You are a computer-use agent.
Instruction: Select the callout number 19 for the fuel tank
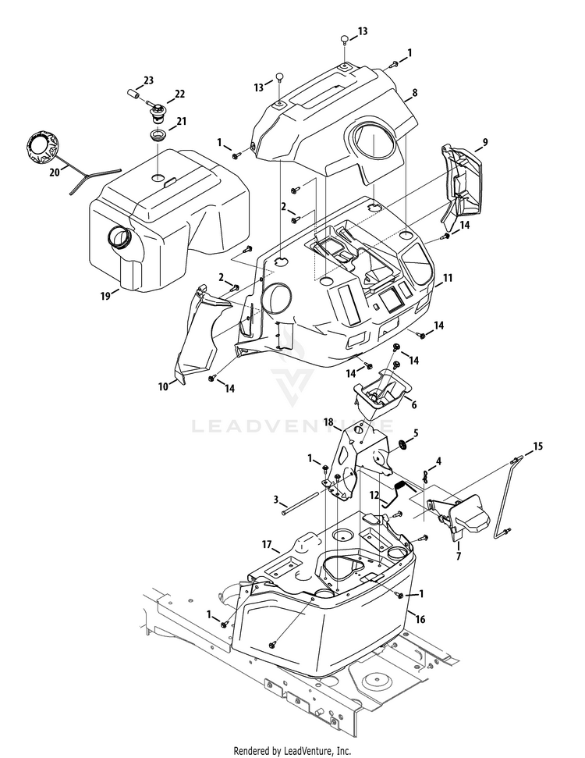[x=105, y=296]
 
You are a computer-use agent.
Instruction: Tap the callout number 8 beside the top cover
[x=415, y=92]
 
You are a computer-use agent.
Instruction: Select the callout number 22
[x=180, y=94]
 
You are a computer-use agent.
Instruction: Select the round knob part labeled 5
[x=403, y=444]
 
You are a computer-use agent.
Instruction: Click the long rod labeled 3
[x=304, y=502]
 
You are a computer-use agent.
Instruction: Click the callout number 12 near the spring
[x=373, y=495]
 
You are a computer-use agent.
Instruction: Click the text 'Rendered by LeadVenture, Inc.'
[x=292, y=751]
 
